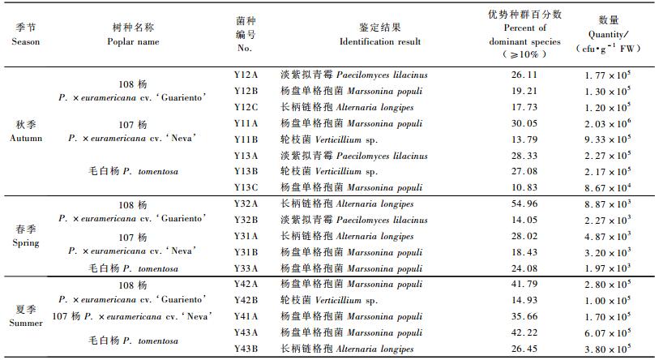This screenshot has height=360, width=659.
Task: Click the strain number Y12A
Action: pyautogui.click(x=246, y=75)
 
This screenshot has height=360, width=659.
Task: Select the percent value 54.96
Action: pyautogui.click(x=524, y=204)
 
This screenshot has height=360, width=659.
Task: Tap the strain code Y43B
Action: pyautogui.click(x=246, y=349)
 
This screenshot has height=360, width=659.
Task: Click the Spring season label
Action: pyautogui.click(x=26, y=236)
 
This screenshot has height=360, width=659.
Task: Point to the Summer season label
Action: pyautogui.click(x=26, y=316)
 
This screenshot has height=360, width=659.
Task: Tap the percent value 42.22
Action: pyautogui.click(x=524, y=332)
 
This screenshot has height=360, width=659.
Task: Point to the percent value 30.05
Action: pyautogui.click(x=524, y=123)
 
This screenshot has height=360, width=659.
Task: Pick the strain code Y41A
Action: pyautogui.click(x=246, y=316)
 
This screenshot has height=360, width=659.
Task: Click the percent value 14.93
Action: pyautogui.click(x=524, y=301)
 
